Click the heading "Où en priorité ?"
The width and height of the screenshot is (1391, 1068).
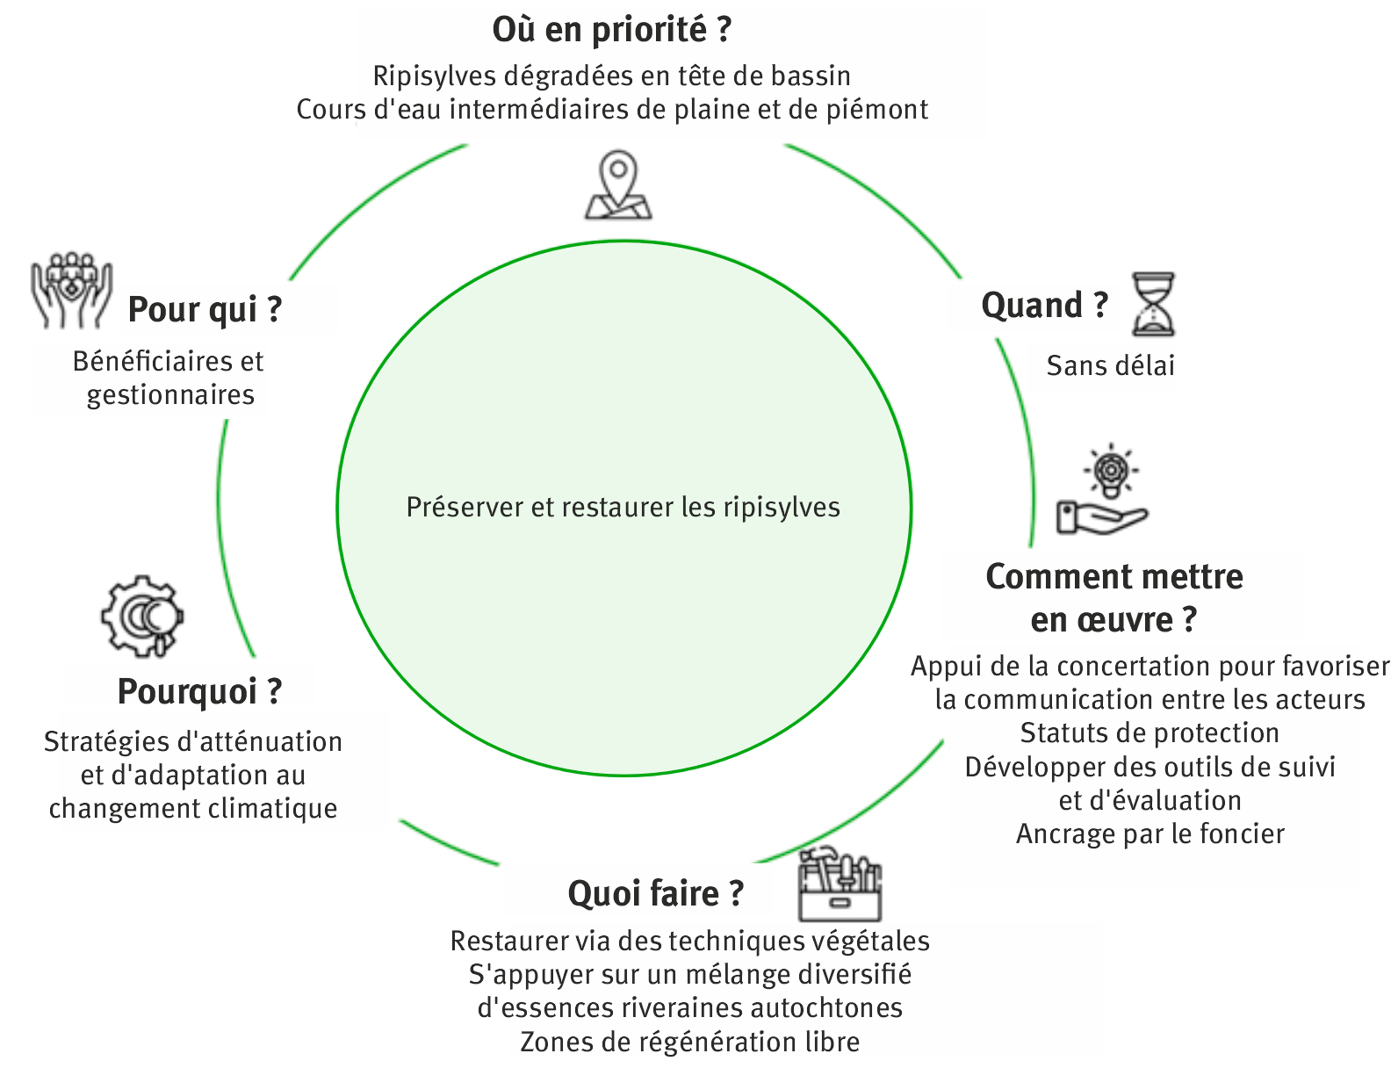coord(611,30)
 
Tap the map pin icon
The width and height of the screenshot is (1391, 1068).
coord(619,185)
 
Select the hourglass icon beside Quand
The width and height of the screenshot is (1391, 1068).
coord(1152,304)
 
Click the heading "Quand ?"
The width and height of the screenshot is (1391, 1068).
coord(1044,306)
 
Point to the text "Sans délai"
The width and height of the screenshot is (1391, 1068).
coord(1110,365)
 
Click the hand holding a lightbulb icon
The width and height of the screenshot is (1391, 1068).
coord(1103,493)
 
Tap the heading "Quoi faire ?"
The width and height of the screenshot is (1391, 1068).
coord(655,893)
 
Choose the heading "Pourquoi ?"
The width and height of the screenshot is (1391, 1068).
coord(199,691)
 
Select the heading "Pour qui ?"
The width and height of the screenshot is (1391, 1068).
coord(205,310)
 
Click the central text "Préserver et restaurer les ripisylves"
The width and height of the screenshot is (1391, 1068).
coord(623,508)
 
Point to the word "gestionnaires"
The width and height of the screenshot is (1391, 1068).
coord(170,395)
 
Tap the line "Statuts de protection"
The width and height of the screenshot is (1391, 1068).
coord(1150,732)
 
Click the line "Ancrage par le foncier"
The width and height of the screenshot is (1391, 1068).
coord(1150,833)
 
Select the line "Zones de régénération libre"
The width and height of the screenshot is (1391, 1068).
coord(689,1043)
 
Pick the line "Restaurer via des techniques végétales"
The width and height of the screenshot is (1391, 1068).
coord(689,942)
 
